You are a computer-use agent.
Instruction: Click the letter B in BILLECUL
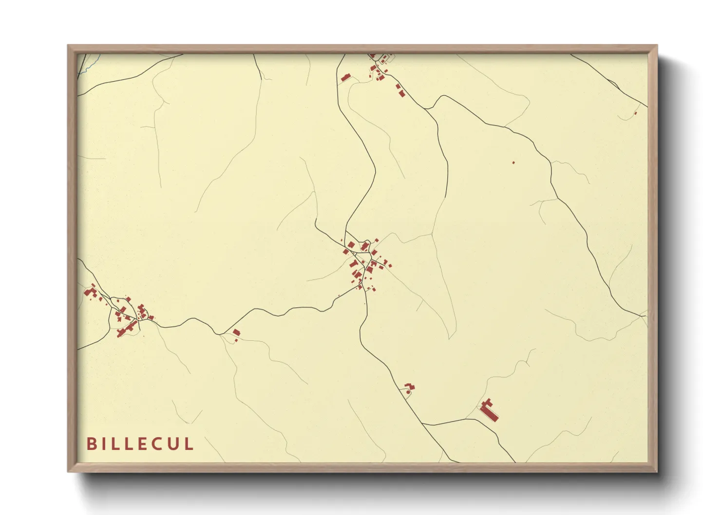[91, 443]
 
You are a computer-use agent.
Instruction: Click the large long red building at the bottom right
[489, 410]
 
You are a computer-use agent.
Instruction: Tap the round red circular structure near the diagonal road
[407, 392]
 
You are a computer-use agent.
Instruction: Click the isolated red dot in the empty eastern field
[513, 162]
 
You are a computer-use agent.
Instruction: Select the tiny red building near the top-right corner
[635, 113]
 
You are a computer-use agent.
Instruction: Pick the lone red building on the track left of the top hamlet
[345, 77]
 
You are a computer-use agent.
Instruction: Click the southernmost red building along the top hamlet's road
[401, 93]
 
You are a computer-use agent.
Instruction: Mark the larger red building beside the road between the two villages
[236, 332]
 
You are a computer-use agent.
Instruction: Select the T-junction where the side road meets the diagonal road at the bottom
[422, 424]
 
